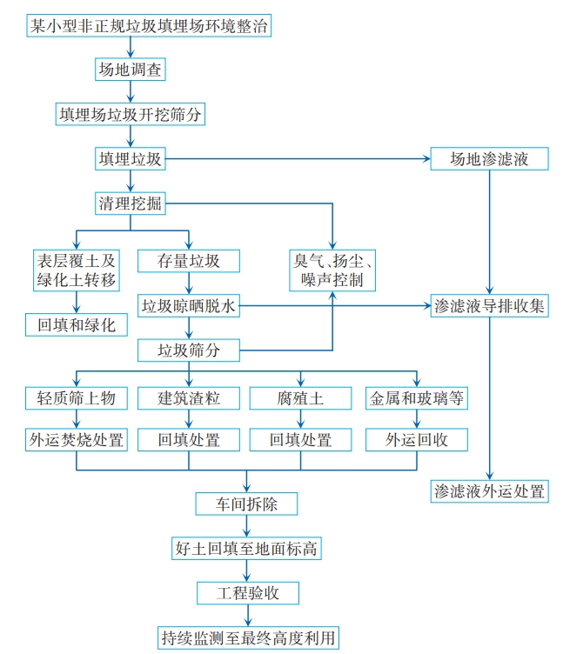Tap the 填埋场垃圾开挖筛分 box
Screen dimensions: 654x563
coord(131,114)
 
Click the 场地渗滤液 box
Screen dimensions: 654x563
coord(490,159)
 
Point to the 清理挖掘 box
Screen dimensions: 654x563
coord(131,204)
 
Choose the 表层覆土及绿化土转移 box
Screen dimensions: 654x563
coord(76,270)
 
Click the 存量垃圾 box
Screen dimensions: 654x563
coord(189,261)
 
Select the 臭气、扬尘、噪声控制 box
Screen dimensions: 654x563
coord(332,270)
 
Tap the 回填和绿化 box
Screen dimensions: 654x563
coord(76,325)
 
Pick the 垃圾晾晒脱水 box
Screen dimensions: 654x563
coord(189,306)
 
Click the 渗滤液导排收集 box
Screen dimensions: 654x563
coord(490,306)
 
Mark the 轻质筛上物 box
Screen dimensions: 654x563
coord(76,398)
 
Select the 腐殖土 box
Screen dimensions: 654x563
coord(300,398)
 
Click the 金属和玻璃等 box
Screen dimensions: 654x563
coord(418,398)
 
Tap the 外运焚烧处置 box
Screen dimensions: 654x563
coord(76,440)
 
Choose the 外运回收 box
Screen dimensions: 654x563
coord(418,440)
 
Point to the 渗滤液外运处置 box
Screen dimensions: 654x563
coord(490,491)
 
